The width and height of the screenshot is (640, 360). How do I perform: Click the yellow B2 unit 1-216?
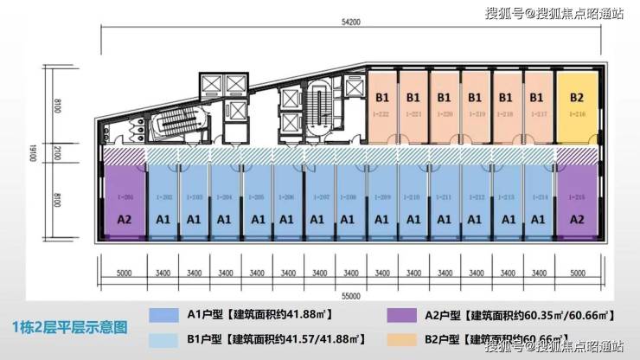pos(577,106)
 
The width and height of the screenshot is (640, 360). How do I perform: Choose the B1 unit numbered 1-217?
pos(537,106)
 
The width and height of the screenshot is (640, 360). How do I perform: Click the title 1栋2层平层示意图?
pos(71,328)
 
